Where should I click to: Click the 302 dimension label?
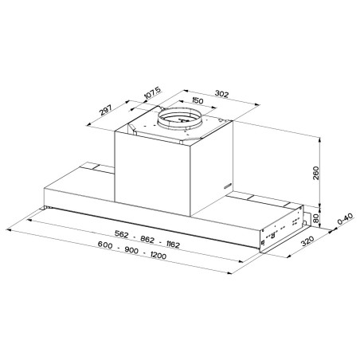pyautogui.click(x=221, y=94)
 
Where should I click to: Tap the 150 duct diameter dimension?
pyautogui.click(x=198, y=100)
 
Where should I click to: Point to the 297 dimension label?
pyautogui.click(x=106, y=110)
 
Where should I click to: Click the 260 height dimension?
pyautogui.click(x=315, y=173)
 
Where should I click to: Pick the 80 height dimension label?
pyautogui.click(x=315, y=218)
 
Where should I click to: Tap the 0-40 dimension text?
pyautogui.click(x=345, y=218)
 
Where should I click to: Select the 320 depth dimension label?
pyautogui.click(x=307, y=241)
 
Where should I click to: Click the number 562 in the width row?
pyautogui.click(x=121, y=234)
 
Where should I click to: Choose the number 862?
pyautogui.click(x=147, y=240)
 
